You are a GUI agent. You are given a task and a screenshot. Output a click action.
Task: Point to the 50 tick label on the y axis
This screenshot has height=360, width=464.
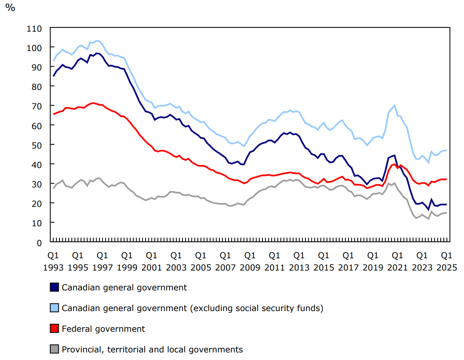37,145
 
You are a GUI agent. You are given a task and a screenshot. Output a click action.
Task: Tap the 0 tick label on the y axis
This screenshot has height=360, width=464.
40,242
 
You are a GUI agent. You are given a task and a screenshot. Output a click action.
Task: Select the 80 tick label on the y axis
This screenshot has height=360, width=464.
37,87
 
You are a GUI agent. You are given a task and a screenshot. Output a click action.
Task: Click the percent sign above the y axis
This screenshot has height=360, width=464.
10,7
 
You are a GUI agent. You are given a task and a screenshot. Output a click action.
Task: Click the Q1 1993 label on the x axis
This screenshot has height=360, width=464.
53,261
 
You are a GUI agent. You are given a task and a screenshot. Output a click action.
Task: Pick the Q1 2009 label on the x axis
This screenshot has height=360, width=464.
250,261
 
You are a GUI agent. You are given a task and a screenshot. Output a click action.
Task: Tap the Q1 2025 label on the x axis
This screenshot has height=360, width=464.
447,261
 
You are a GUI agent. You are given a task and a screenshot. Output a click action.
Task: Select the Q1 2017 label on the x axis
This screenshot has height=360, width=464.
348,261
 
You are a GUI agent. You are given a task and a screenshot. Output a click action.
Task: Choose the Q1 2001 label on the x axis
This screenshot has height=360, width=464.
151,261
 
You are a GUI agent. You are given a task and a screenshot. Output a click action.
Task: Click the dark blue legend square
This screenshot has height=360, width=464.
54,287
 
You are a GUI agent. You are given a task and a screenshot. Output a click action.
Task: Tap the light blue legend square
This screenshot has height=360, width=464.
54,308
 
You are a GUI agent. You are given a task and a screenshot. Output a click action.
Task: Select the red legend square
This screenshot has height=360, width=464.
54,329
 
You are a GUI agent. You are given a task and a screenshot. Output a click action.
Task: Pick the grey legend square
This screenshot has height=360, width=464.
54,349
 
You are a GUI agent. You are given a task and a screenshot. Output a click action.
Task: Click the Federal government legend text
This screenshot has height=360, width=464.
103,329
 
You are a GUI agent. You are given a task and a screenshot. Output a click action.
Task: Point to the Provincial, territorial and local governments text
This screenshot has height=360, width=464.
152,349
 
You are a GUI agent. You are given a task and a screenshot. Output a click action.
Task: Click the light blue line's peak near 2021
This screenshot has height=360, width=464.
394,106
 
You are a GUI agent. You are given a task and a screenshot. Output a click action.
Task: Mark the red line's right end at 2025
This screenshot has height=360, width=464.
447,179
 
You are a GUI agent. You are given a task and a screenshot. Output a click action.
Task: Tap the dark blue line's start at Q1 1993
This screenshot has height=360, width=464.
53,76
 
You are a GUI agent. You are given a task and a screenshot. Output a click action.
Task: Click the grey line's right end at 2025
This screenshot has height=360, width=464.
447,213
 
